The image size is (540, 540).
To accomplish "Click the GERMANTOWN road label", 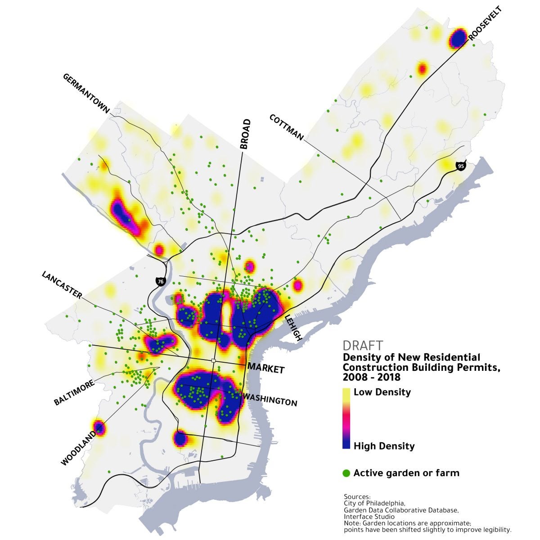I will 86,93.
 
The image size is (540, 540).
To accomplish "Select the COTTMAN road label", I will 287,127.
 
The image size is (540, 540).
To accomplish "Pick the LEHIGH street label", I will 294,328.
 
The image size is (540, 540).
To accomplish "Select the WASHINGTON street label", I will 270,399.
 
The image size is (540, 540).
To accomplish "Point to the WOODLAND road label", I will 78,448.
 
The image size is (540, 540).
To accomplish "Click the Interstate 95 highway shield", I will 460,166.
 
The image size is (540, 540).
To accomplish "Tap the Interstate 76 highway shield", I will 160,282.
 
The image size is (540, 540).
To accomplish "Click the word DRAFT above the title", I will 363,346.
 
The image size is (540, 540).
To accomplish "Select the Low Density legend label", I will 382,392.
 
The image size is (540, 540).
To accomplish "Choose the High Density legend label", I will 384,446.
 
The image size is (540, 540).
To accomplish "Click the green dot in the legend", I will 346,473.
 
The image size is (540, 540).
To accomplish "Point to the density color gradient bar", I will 346,419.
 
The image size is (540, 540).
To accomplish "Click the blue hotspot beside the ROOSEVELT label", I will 458,38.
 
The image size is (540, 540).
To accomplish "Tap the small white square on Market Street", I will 213,360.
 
